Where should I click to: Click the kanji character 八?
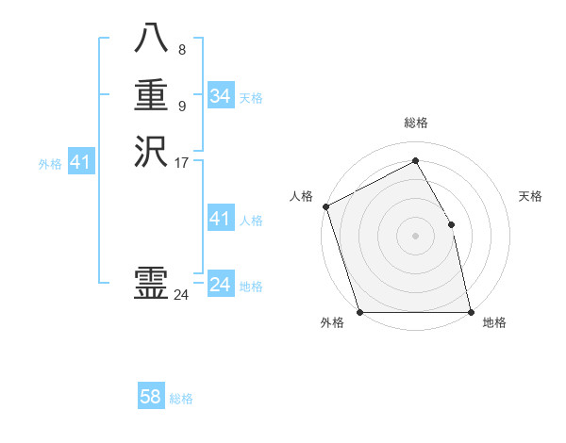(151, 39)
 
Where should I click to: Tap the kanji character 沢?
(151, 151)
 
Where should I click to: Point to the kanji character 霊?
(151, 283)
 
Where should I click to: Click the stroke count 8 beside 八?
(182, 50)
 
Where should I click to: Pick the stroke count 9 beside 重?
(182, 106)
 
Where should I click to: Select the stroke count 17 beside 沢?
(182, 162)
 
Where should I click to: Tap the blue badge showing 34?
(221, 96)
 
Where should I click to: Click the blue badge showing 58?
(151, 397)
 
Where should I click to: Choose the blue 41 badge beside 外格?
(81, 163)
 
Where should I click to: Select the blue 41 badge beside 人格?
(221, 219)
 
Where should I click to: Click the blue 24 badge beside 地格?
(221, 285)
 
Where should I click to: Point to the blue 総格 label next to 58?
(181, 399)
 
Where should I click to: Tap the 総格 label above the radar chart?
(415, 123)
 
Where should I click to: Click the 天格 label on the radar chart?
(530, 196)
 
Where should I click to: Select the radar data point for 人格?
(325, 206)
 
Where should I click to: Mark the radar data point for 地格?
(471, 311)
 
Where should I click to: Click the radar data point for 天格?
(451, 224)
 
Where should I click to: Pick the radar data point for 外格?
(359, 311)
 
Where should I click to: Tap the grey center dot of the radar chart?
(415, 236)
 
